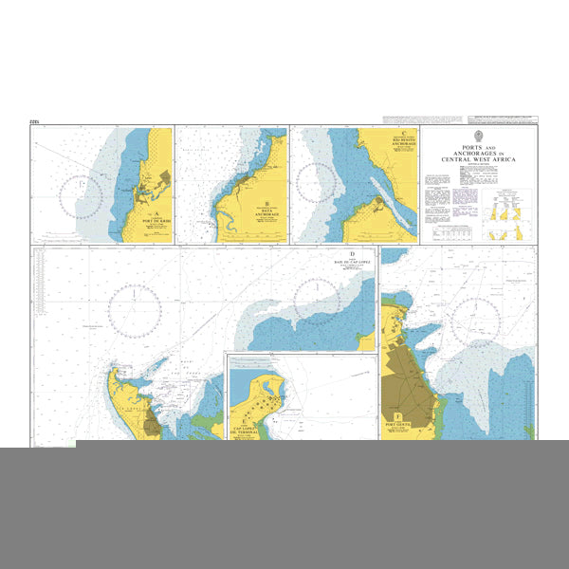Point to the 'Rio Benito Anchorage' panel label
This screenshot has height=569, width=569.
point(402,143)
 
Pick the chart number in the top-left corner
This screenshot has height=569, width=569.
point(37,122)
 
